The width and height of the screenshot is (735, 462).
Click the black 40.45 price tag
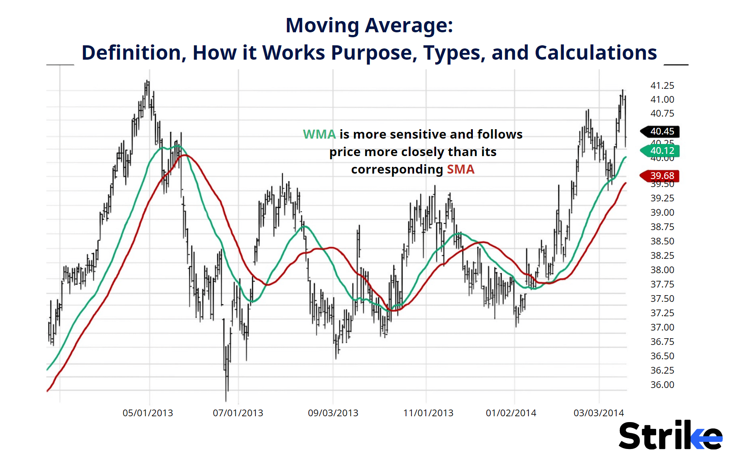pyautogui.click(x=661, y=131)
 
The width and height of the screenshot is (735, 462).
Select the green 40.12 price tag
pyautogui.click(x=661, y=151)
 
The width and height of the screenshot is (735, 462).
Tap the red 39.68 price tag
pyautogui.click(x=661, y=176)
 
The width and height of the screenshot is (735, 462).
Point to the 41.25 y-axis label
pyautogui.click(x=662, y=85)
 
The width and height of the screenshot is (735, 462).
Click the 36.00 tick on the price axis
pyautogui.click(x=662, y=384)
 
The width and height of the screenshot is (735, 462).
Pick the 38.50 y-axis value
pyautogui.click(x=662, y=241)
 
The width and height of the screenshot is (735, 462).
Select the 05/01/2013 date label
pyautogui.click(x=148, y=413)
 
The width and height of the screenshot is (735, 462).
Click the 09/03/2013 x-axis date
pyautogui.click(x=333, y=413)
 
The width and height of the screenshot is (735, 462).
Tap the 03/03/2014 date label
pyautogui.click(x=599, y=413)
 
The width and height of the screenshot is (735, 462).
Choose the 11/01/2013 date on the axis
pyautogui.click(x=428, y=413)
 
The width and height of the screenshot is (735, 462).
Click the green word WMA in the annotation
pyautogui.click(x=319, y=134)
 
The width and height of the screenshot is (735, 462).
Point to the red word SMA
pyautogui.click(x=460, y=169)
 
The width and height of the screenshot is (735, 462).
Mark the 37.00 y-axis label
pyautogui.click(x=662, y=327)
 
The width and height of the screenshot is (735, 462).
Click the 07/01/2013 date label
pyautogui.click(x=238, y=413)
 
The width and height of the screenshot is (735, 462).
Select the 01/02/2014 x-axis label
pyautogui.click(x=511, y=413)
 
